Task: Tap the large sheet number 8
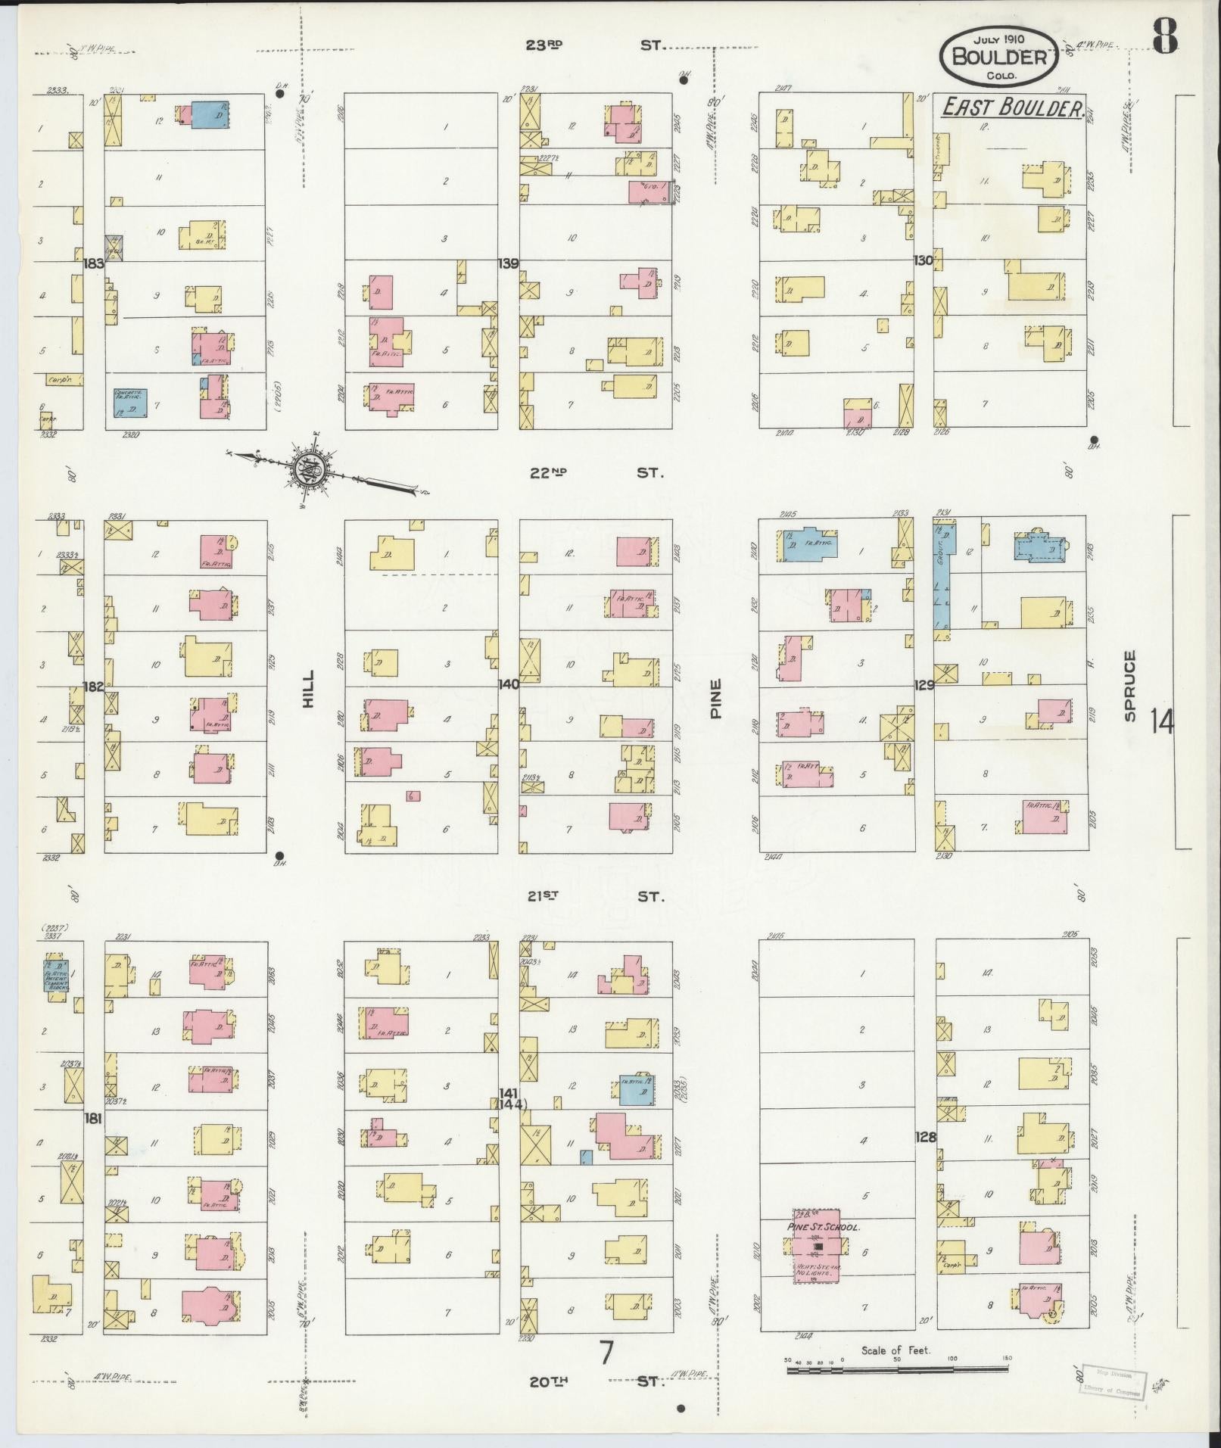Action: click(1166, 36)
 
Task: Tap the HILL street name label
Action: click(307, 690)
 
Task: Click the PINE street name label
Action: click(715, 698)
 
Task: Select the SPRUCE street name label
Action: click(1129, 686)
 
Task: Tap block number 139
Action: click(508, 263)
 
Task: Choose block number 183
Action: click(94, 263)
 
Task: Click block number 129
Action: click(924, 684)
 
